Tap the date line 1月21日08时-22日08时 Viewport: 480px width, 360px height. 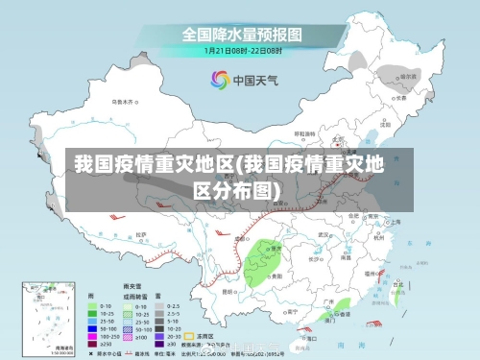click(x=242, y=49)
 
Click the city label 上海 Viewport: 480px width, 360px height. click(x=396, y=220)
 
